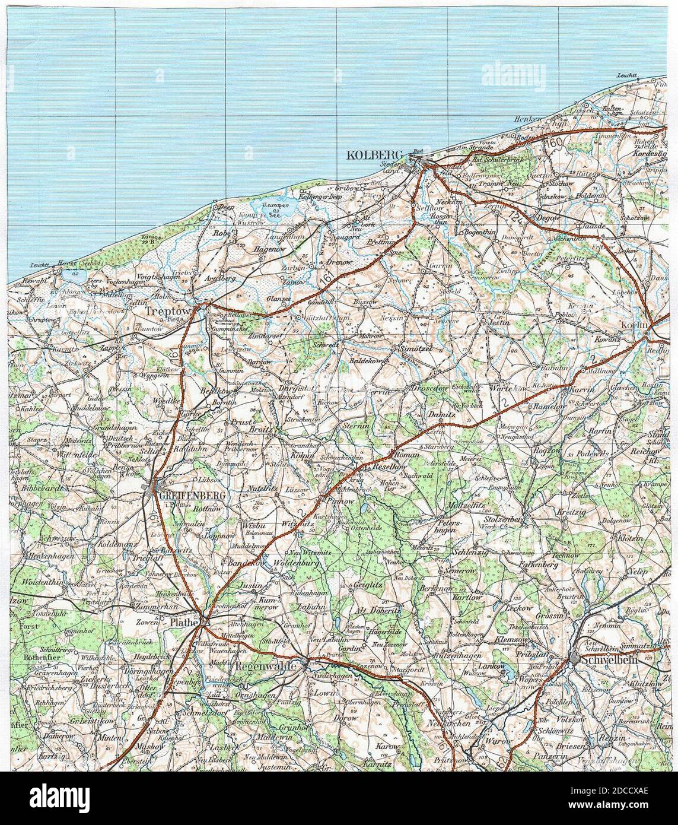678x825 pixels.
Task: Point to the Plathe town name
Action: (x=183, y=623)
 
